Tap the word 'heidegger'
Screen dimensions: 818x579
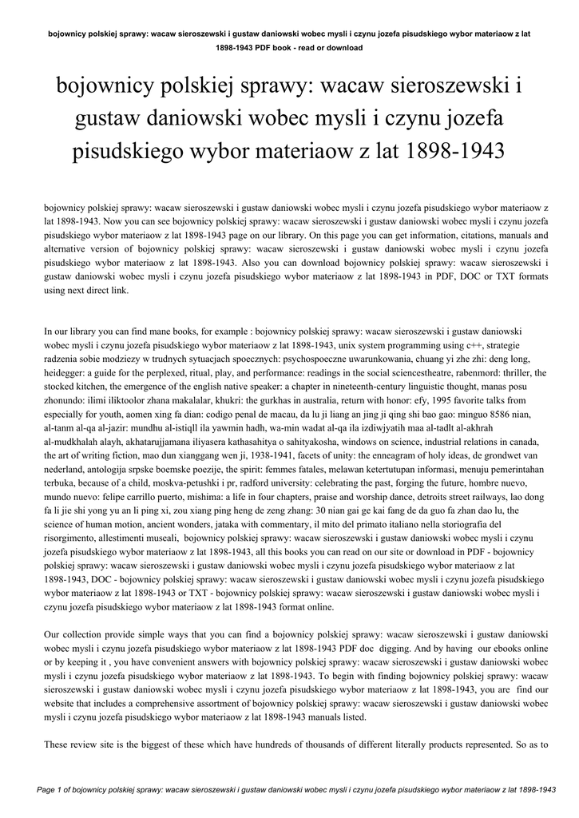tap(65, 373)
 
